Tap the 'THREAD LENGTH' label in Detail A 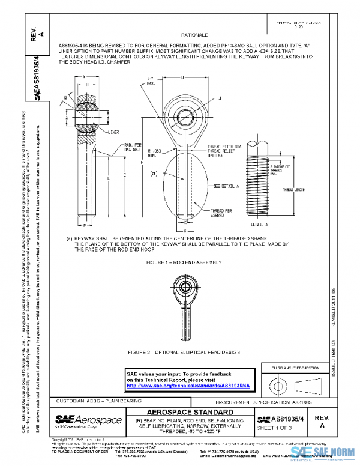click(295, 189)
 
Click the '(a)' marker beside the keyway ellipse click(153, 173)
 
